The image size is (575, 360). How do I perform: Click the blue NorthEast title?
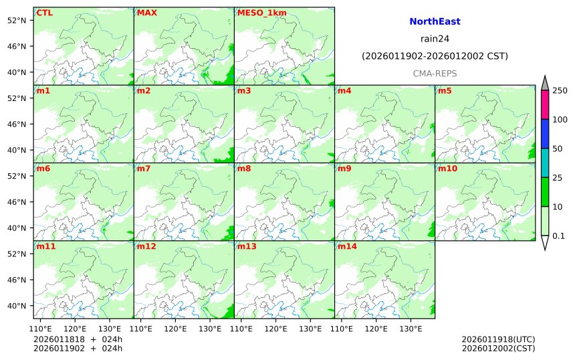pyautogui.click(x=435, y=22)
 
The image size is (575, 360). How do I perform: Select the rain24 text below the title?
pyautogui.click(x=435, y=39)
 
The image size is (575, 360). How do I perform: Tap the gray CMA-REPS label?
pyautogui.click(x=435, y=73)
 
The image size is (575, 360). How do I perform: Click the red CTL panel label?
pyautogui.click(x=45, y=13)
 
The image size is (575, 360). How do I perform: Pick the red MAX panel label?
pyautogui.click(x=146, y=13)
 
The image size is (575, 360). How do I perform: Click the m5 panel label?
pyautogui.click(x=445, y=91)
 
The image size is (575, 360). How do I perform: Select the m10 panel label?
pyautogui.click(x=447, y=169)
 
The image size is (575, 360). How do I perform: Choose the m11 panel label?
pyautogui.click(x=46, y=246)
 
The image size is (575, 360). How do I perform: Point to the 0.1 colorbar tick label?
pyautogui.click(x=558, y=236)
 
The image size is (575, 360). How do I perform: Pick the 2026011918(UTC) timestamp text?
pyautogui.click(x=498, y=339)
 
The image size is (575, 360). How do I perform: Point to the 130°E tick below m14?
pyautogui.click(x=410, y=329)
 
